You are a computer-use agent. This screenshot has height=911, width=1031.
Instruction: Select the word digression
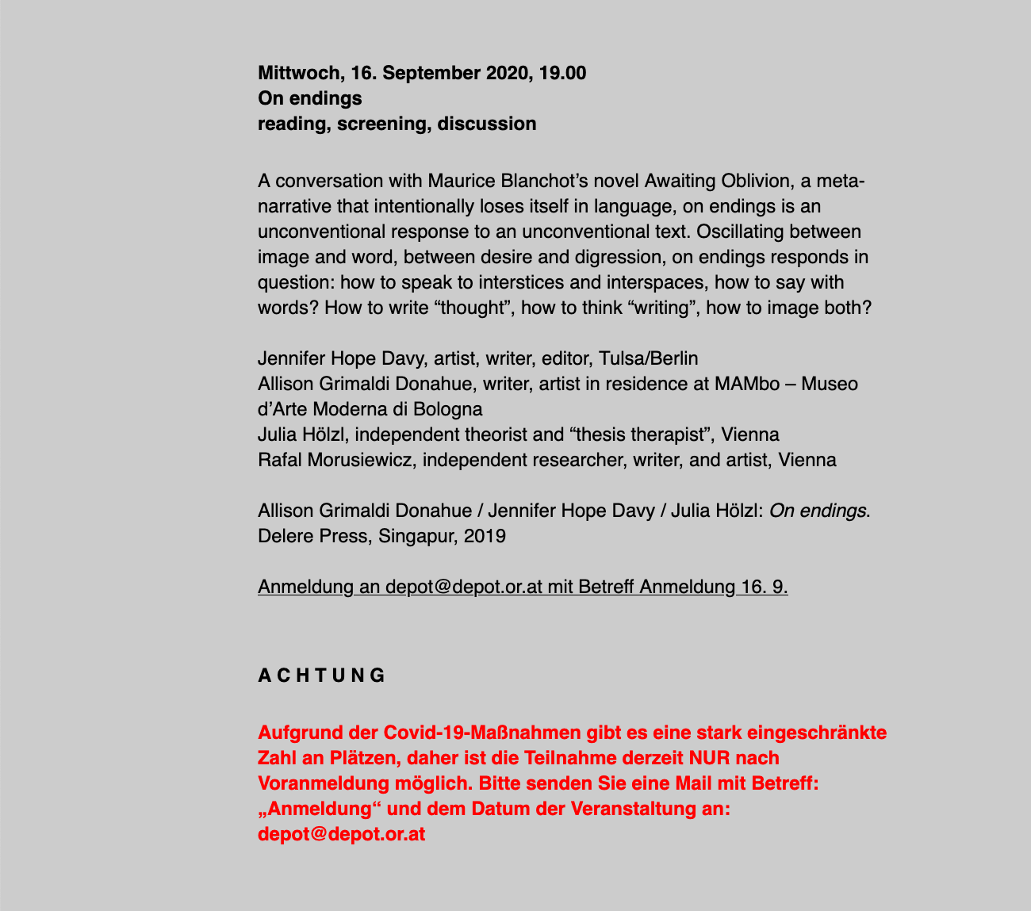coord(557,258)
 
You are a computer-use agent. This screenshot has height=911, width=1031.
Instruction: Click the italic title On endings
coord(818,511)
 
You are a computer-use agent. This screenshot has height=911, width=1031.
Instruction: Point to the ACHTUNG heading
coord(321,676)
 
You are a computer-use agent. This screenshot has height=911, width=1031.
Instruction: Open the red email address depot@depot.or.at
coord(342,834)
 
